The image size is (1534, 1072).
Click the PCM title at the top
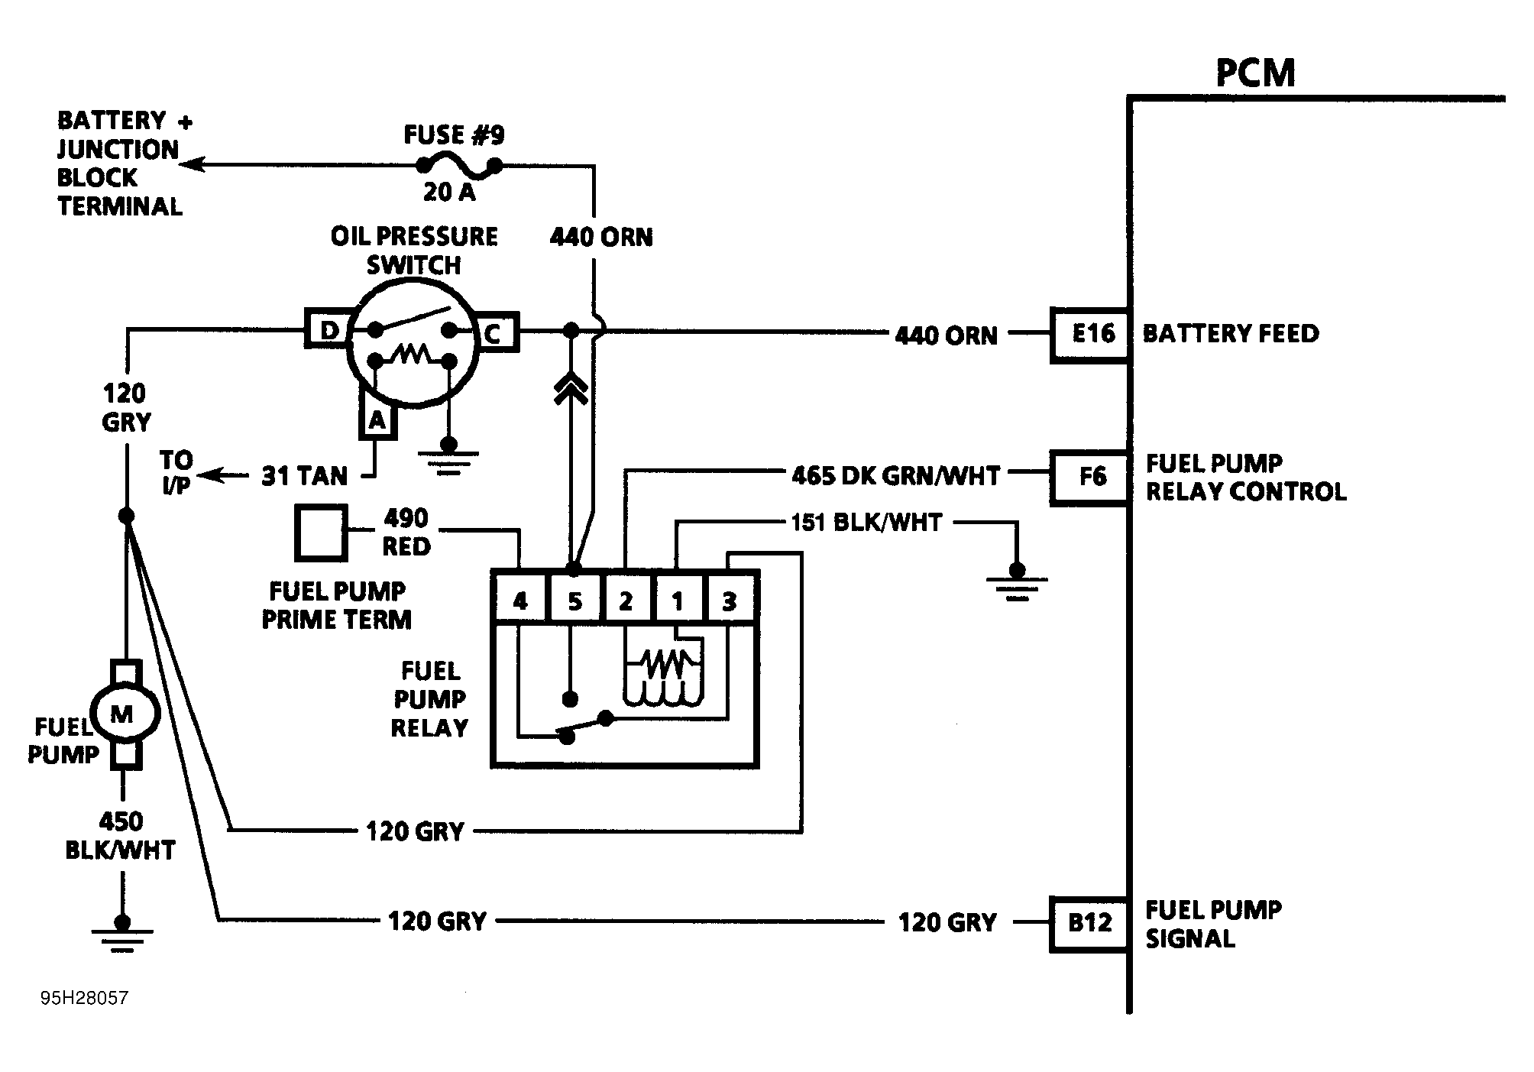(1255, 73)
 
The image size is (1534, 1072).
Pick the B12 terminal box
(1090, 923)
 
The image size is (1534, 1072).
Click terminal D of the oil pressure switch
(328, 330)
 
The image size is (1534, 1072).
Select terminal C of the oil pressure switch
(495, 332)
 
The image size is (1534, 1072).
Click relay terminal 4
(519, 601)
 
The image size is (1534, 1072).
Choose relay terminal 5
(574, 601)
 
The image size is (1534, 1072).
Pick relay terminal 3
(730, 601)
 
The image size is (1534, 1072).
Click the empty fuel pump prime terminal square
(321, 532)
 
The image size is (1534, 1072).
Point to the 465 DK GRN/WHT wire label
(895, 476)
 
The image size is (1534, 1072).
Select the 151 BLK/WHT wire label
(866, 523)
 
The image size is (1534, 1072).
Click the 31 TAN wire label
(304, 476)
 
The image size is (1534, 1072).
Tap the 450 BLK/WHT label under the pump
(121, 836)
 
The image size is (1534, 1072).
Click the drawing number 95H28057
(84, 998)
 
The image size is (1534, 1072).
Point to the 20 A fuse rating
(449, 192)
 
